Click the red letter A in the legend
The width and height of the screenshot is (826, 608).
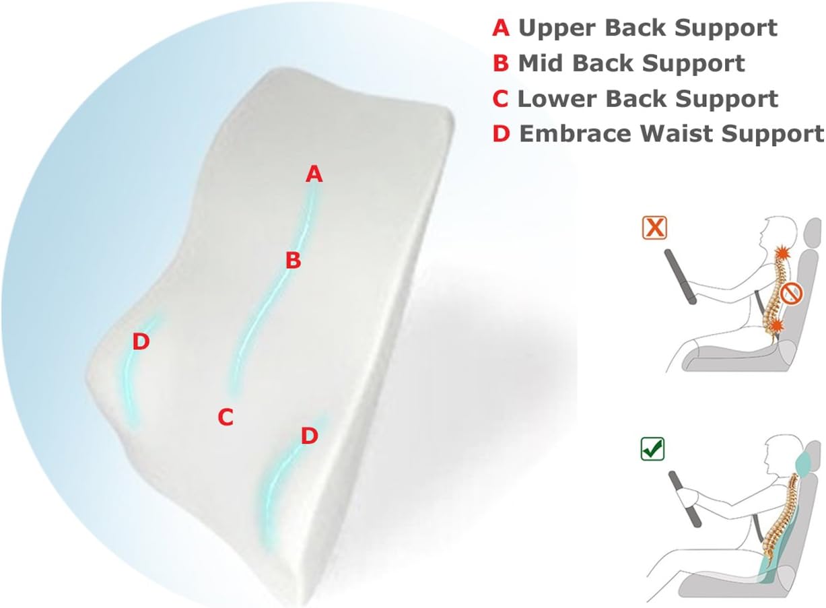(x=502, y=28)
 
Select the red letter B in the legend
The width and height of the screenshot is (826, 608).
(x=502, y=63)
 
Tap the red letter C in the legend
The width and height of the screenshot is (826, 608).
(x=501, y=99)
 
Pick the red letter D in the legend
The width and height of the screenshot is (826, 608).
(x=502, y=134)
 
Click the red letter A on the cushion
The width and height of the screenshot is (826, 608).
(x=314, y=175)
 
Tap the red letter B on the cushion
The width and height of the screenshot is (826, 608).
(x=293, y=261)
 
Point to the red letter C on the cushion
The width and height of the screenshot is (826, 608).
(x=226, y=418)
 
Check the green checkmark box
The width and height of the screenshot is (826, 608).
(x=652, y=448)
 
